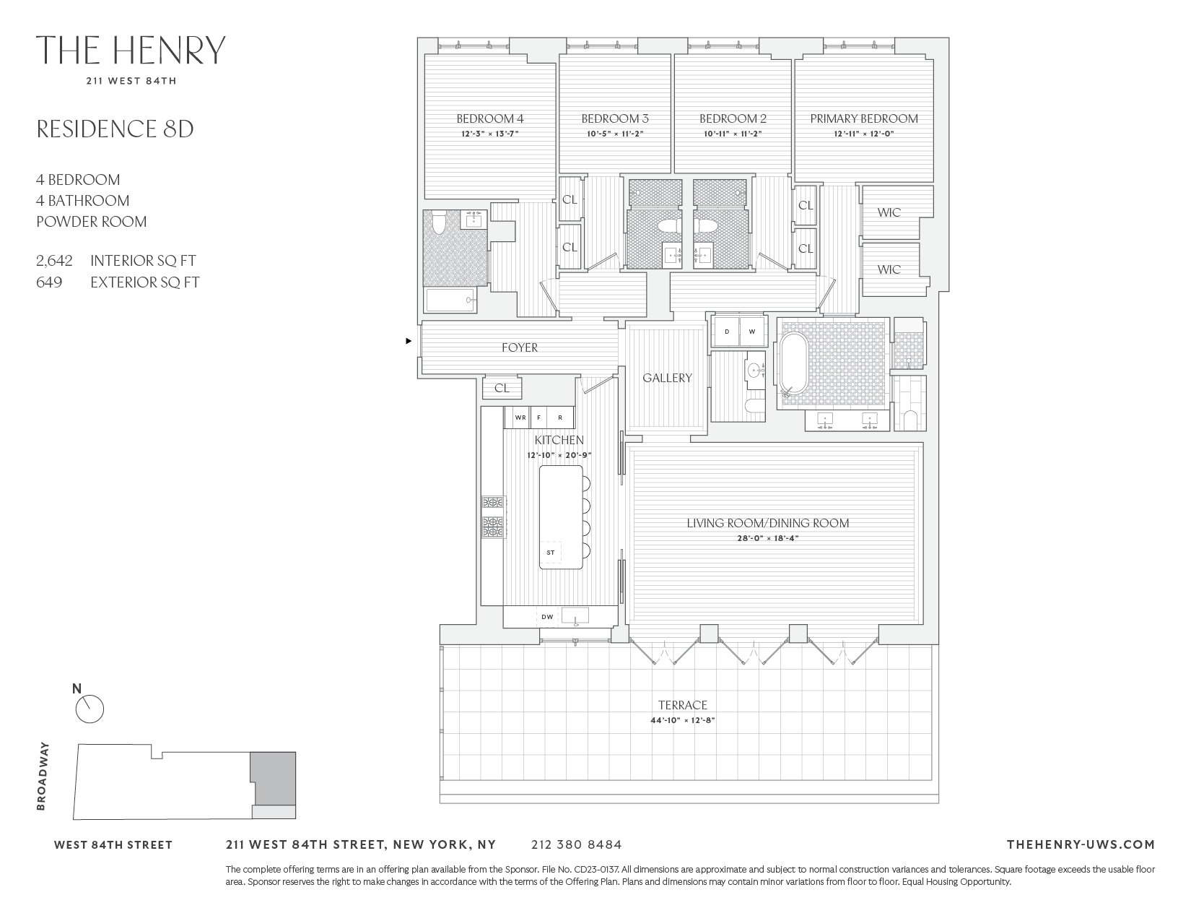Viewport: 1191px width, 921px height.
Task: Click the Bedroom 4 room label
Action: [x=489, y=118]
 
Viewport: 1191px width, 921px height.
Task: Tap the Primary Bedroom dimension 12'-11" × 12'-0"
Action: [x=863, y=134]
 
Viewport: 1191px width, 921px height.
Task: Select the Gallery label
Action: [x=667, y=378]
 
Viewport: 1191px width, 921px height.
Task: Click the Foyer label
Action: [x=520, y=347]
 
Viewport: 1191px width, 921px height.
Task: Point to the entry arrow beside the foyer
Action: [x=409, y=340]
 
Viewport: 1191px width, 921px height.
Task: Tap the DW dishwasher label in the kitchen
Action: [x=548, y=616]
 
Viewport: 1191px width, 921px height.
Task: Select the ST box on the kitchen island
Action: [x=551, y=553]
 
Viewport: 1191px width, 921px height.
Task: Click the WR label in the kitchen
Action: [x=520, y=418]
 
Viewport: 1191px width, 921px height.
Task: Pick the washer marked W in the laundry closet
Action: [x=751, y=332]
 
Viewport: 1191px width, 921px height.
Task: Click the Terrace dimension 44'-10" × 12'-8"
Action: [x=682, y=720]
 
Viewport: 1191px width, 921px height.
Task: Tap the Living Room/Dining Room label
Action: [x=767, y=522]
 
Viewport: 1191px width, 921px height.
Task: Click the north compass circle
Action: [x=90, y=709]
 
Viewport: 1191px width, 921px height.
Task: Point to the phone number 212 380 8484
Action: [x=576, y=844]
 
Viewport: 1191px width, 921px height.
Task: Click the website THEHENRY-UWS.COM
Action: [x=1080, y=844]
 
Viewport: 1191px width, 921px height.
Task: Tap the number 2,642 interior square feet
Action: [x=54, y=261]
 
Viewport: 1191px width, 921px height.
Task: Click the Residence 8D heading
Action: [x=115, y=129]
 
